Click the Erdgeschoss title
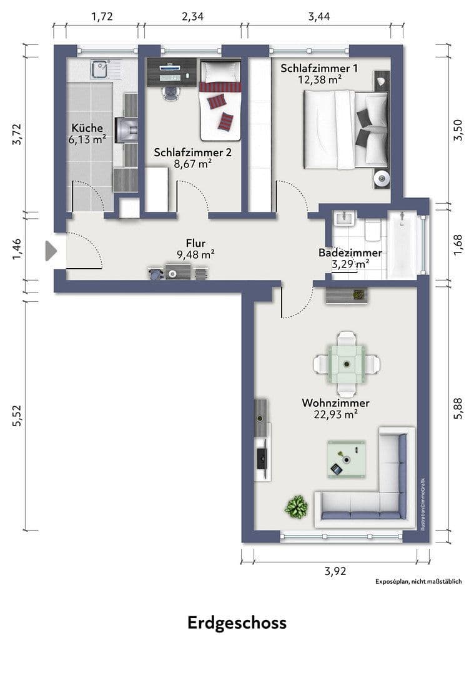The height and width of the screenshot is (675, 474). click(x=237, y=622)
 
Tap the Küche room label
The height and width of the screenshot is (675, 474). click(x=87, y=128)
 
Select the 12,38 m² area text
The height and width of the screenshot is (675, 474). click(x=318, y=79)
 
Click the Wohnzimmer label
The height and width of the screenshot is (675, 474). click(x=335, y=402)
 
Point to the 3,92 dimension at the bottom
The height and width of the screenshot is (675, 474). click(x=335, y=570)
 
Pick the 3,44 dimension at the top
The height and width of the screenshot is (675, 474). click(x=319, y=16)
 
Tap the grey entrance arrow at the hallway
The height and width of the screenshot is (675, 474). click(x=51, y=251)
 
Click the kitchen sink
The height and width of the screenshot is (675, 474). click(x=99, y=69)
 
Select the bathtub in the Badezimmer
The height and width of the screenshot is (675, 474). click(x=405, y=245)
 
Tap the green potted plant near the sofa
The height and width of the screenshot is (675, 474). click(x=296, y=506)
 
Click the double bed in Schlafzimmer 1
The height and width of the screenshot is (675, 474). click(x=345, y=129)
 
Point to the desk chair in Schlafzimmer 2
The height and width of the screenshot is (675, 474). click(x=169, y=91)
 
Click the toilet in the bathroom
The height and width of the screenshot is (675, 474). click(x=372, y=231)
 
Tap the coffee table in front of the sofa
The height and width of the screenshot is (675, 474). click(x=346, y=459)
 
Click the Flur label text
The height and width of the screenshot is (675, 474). click(x=195, y=243)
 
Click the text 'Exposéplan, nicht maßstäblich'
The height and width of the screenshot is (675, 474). click(x=418, y=581)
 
